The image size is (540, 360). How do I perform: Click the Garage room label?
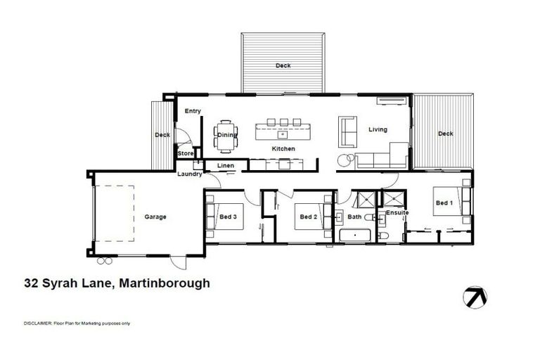pos(155,217)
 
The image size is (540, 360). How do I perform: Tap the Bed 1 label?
pos(444,202)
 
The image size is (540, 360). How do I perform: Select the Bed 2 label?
pos(309,217)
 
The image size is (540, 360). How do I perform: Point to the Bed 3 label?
pos(226,217)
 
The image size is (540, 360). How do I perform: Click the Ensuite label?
pos(397,212)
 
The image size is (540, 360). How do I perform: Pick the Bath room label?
pos(354,217)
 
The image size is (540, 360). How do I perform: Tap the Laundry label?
pos(190,174)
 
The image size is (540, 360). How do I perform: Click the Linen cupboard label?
pos(225,166)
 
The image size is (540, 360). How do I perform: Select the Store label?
pos(185,153)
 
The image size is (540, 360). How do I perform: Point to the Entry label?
pos(193,111)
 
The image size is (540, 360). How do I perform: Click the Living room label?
pos(379,129)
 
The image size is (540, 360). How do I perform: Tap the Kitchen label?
pos(283,149)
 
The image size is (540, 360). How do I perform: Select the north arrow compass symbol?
pos(476,297)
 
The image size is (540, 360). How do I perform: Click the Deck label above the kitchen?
pos(283,65)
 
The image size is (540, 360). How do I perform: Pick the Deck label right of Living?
pos(445,134)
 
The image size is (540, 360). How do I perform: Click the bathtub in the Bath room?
pos(356,235)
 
